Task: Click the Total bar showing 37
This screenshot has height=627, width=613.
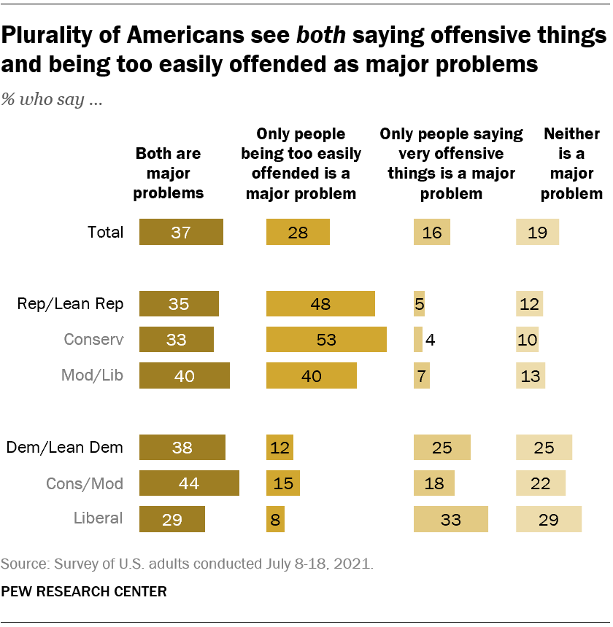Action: click(181, 233)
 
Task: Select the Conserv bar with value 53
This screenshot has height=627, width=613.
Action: click(326, 339)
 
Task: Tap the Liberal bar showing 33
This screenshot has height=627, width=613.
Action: click(450, 519)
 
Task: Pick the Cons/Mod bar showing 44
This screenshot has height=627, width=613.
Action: click(189, 483)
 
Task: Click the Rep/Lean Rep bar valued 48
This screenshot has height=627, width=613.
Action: click(320, 304)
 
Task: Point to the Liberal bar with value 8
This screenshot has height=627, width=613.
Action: click(275, 519)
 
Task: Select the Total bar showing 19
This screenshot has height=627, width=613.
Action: click(537, 233)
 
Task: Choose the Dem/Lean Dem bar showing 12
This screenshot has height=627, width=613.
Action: click(279, 448)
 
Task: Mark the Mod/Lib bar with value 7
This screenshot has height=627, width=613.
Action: click(422, 375)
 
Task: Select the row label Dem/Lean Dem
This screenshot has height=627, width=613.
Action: click(64, 448)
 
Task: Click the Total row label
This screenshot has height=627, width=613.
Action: click(104, 233)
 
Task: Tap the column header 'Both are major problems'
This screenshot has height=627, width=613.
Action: click(169, 174)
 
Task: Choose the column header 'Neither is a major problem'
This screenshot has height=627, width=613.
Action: click(571, 164)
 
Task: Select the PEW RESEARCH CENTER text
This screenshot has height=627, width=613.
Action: click(84, 591)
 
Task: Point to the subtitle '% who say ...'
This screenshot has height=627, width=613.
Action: click(51, 100)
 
